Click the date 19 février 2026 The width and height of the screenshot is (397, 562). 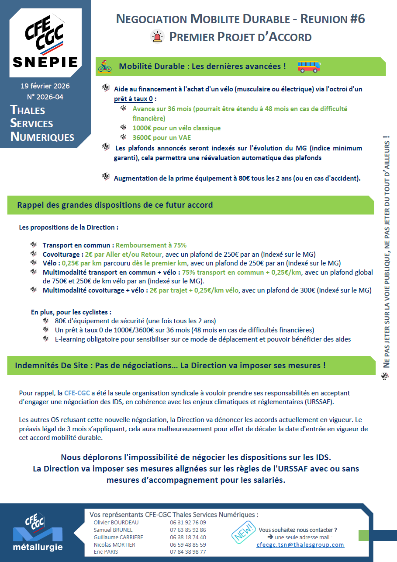(x=45, y=86)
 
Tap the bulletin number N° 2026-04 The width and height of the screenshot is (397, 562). (x=45, y=97)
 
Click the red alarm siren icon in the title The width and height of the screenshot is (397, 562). (x=156, y=37)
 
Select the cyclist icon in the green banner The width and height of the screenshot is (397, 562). (x=105, y=66)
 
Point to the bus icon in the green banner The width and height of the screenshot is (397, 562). (x=309, y=66)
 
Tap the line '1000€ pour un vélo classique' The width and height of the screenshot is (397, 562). (x=176, y=128)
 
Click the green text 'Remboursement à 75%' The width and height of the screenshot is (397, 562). (x=151, y=245)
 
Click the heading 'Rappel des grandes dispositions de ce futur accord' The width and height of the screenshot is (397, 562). (x=115, y=205)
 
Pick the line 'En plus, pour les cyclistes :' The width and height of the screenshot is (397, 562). (x=71, y=312)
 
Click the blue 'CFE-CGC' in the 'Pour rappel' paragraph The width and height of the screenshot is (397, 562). (x=77, y=393)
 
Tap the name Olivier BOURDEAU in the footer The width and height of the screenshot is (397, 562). (x=116, y=522)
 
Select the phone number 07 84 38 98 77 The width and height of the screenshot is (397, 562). (x=188, y=552)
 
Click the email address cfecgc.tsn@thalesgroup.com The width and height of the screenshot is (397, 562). (x=300, y=545)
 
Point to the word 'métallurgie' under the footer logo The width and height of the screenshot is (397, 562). (x=38, y=547)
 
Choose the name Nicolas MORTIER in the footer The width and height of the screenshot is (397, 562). (x=114, y=545)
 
